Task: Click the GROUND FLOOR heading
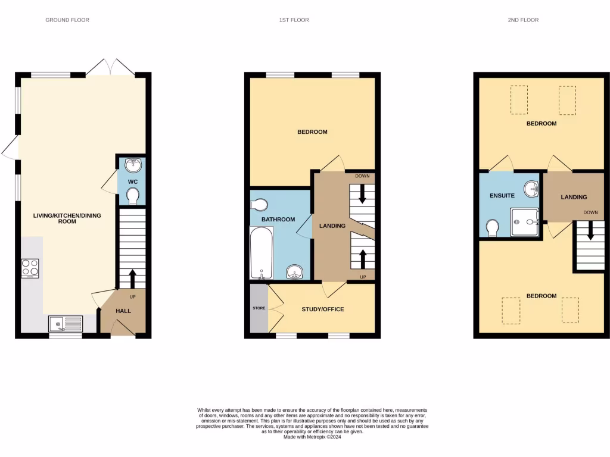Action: tap(67, 20)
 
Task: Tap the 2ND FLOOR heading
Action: tap(523, 20)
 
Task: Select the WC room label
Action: tap(133, 180)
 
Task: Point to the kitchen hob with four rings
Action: tap(30, 268)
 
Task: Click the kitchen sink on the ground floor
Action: tap(66, 324)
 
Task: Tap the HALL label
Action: tap(123, 311)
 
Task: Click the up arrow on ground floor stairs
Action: tap(132, 278)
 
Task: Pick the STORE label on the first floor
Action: tap(259, 308)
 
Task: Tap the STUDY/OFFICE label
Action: tap(323, 309)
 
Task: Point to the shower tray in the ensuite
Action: tap(524, 222)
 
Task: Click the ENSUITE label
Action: tap(502, 195)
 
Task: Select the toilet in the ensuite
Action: tap(493, 227)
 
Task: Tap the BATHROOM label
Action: tap(279, 220)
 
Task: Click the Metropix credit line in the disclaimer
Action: tap(312, 437)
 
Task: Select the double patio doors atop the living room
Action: tap(110, 67)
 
